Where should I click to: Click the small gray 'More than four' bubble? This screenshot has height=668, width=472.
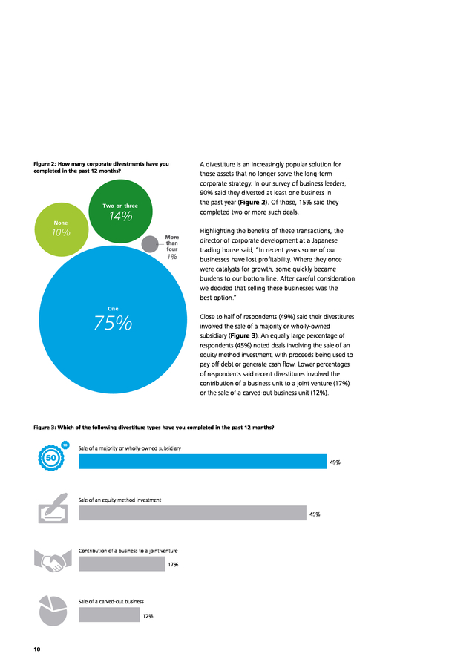point(149,244)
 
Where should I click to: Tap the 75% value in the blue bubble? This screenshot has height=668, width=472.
point(113,323)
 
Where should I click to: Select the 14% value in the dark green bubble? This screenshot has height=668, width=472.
point(120,216)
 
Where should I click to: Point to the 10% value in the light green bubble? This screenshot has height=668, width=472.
point(61,232)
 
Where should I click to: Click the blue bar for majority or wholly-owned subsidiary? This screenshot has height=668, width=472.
point(203,462)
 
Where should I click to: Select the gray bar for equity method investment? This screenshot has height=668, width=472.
point(192,513)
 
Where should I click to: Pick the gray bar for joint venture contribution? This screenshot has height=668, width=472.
point(122,563)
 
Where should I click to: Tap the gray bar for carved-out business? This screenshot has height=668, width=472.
point(110,615)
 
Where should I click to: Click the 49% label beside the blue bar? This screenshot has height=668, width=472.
point(335,462)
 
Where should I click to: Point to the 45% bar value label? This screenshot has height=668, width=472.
point(315,514)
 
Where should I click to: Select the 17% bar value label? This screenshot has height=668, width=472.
point(173,565)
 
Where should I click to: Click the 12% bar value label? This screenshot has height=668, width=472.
point(148,616)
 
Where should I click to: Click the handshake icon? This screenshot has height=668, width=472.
point(53,560)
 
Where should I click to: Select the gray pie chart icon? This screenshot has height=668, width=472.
point(53,611)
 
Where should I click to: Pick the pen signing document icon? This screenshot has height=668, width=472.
point(53,508)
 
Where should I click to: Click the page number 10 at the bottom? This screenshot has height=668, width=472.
point(37,649)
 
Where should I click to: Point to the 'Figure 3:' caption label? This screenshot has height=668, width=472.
point(45,428)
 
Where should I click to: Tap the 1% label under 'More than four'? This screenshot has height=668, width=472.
point(171,257)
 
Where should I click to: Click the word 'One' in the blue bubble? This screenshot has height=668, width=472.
point(113,309)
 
